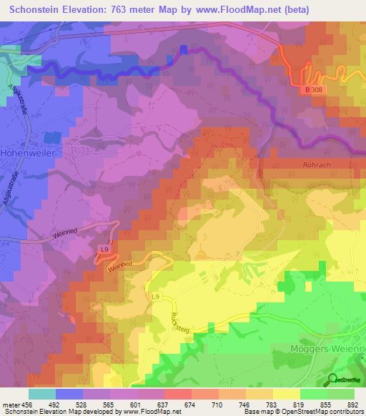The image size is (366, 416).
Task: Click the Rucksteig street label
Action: coord(176,313)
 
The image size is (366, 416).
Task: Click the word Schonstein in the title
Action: coord(41,9)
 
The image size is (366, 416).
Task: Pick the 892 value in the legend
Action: coord(351,404)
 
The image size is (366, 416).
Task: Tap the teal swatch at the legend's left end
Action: coord(42,394)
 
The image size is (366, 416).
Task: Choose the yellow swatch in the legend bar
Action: coord(287,394)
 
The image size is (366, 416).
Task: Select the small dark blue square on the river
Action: coord(183,49)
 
